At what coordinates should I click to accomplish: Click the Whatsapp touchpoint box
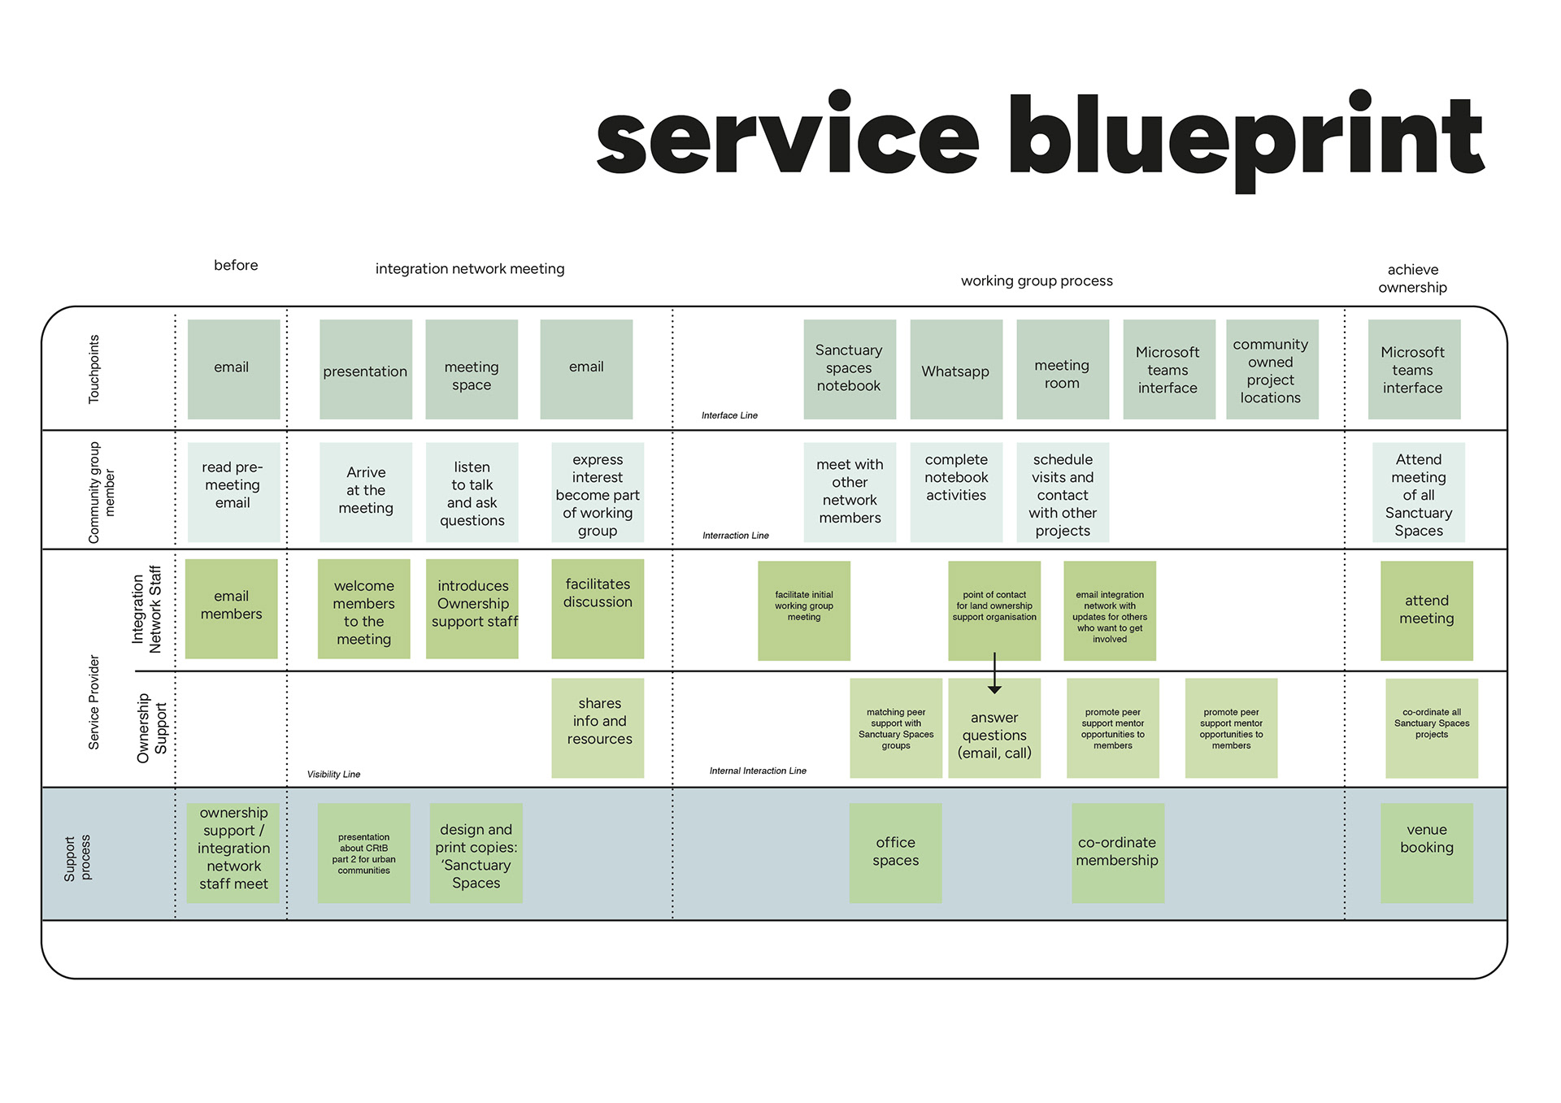[x=955, y=370]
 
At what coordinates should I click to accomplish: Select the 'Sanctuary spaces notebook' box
[x=849, y=369]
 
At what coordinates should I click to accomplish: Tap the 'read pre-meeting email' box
[x=233, y=492]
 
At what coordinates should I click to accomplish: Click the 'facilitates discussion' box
[x=598, y=608]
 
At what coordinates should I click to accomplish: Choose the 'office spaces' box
[x=895, y=853]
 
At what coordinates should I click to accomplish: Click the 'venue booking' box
[x=1426, y=853]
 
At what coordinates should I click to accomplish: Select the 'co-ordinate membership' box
[x=1117, y=853]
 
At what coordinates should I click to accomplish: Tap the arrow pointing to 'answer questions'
[x=994, y=675]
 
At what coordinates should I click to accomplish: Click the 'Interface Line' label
[x=729, y=415]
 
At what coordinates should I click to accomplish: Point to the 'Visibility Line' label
[x=333, y=775]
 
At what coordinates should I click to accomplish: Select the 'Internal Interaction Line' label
[x=758, y=771]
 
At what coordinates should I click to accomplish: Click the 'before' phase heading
[x=236, y=265]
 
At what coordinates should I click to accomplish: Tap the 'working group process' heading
[x=1037, y=280]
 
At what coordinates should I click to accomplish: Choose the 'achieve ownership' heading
[x=1412, y=278]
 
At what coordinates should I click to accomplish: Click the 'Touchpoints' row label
[x=94, y=369]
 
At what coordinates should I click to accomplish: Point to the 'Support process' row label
[x=78, y=858]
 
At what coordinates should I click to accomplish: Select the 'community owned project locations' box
[x=1271, y=370]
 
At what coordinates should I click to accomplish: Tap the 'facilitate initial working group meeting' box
[x=803, y=610]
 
